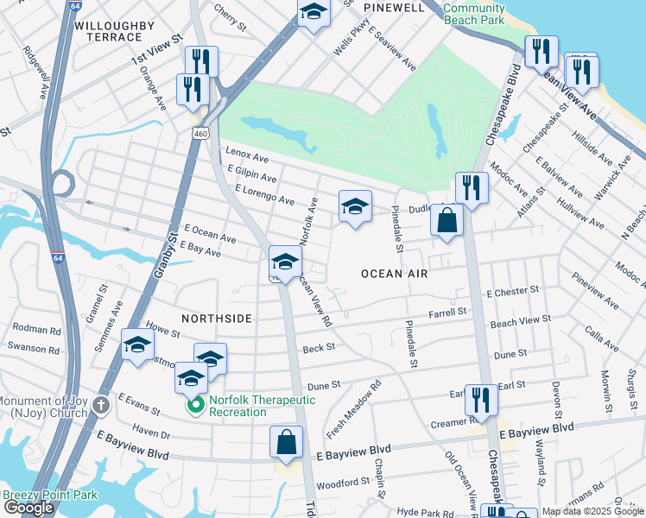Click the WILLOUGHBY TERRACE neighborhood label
click(x=108, y=31)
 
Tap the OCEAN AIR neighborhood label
click(x=395, y=274)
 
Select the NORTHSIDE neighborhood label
click(x=216, y=319)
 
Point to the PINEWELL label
click(x=394, y=8)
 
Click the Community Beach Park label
click(x=473, y=13)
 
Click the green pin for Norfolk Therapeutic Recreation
click(x=195, y=404)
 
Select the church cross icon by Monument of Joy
click(x=101, y=405)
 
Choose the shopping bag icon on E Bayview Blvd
click(x=287, y=443)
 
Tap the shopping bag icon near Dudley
click(x=447, y=221)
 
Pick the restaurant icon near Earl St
click(x=481, y=400)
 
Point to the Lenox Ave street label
click(x=247, y=157)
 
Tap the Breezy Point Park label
click(x=49, y=496)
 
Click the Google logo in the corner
click(x=28, y=509)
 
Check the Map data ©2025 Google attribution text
click(x=592, y=511)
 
